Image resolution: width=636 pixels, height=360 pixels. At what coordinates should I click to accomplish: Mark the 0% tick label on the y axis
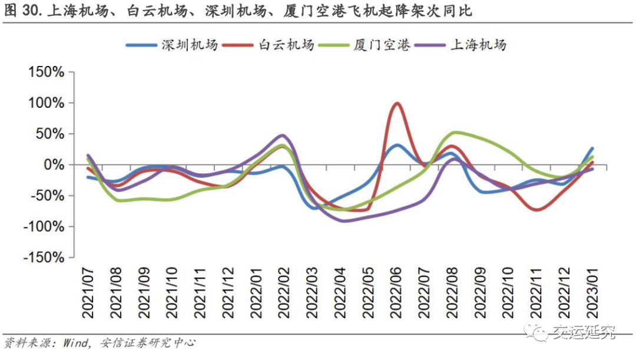(53, 164)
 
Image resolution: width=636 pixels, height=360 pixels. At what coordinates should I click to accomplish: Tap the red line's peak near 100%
(397, 104)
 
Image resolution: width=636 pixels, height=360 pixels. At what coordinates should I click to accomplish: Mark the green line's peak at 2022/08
(455, 133)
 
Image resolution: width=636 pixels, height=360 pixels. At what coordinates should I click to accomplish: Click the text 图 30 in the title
(21, 11)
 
